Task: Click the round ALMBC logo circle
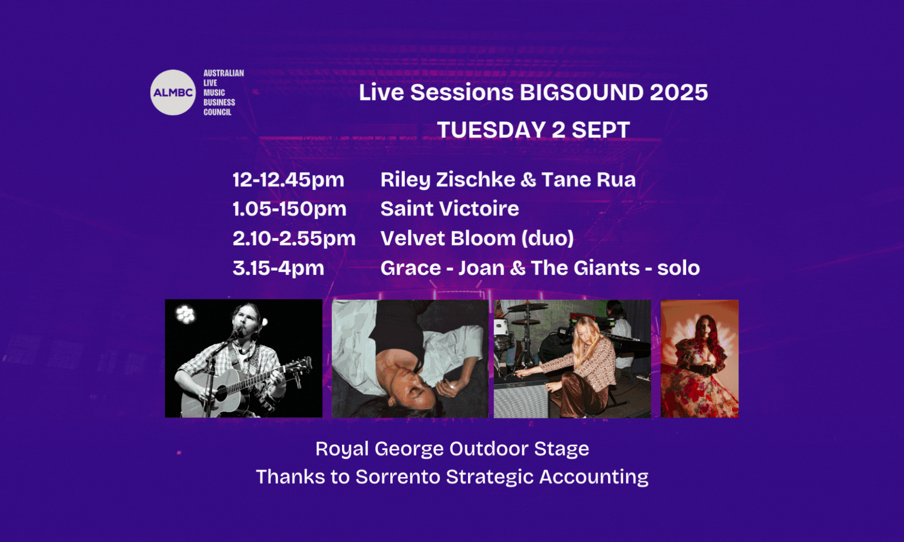click(x=173, y=92)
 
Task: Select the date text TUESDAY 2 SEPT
click(x=533, y=130)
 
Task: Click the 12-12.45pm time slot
click(x=288, y=180)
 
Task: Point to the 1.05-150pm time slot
click(x=289, y=209)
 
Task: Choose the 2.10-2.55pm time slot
click(x=294, y=238)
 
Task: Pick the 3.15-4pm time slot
click(x=278, y=268)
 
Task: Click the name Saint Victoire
click(x=449, y=209)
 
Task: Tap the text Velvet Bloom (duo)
click(x=477, y=238)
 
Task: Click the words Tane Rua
click(x=589, y=180)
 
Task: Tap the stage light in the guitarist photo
click(x=185, y=314)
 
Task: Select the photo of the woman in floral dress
click(x=700, y=358)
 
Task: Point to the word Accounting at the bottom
click(x=594, y=477)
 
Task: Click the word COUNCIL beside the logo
click(x=217, y=112)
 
